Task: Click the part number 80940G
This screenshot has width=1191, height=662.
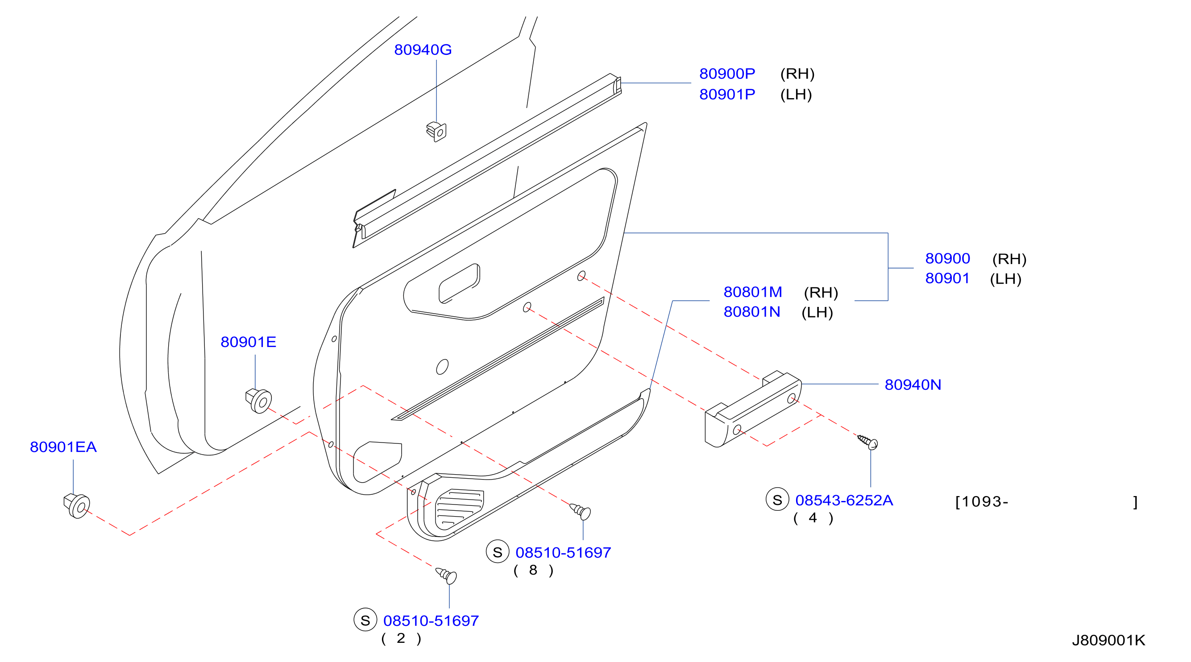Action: coord(423,50)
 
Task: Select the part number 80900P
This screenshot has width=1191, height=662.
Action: coord(727,74)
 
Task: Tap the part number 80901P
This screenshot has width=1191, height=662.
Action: coord(727,94)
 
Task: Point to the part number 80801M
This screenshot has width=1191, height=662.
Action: coord(753,292)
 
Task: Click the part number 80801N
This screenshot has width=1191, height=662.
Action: coord(752,312)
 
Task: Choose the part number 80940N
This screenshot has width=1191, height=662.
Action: coord(913,385)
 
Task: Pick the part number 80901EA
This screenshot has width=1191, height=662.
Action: coord(63,447)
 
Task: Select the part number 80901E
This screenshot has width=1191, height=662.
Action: coord(248,342)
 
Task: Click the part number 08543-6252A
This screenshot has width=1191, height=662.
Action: coord(844,500)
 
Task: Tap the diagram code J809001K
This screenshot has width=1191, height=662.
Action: coord(1108,640)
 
